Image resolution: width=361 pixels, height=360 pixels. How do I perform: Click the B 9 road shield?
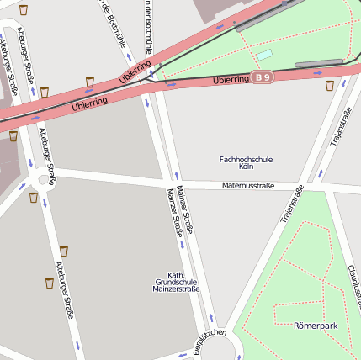263,78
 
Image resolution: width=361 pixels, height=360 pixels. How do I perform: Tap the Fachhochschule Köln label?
246,163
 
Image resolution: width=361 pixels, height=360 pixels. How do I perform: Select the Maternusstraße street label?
248,185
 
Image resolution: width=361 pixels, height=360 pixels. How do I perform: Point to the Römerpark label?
316,325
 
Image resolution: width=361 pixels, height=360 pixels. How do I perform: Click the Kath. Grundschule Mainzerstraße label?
176,282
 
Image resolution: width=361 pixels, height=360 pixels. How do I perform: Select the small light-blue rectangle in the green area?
265,55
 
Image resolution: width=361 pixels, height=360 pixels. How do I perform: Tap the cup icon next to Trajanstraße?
329,86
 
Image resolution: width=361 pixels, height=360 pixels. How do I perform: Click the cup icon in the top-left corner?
24,10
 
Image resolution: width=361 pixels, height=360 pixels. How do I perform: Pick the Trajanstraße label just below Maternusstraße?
291,206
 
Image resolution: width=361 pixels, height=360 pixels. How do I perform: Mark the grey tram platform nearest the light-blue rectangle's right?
319,63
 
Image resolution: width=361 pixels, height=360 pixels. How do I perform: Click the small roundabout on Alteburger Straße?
44,179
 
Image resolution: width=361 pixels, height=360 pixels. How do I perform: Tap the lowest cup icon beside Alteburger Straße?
50,283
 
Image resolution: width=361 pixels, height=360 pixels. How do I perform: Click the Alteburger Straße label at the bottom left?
66,290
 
